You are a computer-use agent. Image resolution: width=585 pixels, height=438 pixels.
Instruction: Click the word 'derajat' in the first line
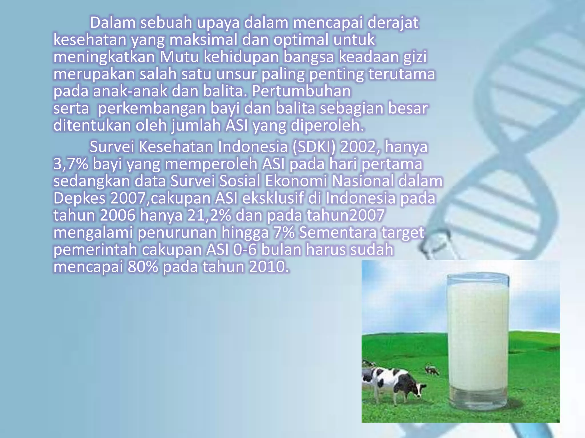pos(393,23)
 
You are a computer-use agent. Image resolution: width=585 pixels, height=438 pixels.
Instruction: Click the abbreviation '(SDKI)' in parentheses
pos(314,147)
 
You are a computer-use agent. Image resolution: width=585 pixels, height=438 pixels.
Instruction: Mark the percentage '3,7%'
pos(71,164)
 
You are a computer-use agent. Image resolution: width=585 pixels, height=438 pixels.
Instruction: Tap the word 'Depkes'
pos(79,198)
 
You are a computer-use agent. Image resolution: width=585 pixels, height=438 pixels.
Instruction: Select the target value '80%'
pos(143,267)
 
